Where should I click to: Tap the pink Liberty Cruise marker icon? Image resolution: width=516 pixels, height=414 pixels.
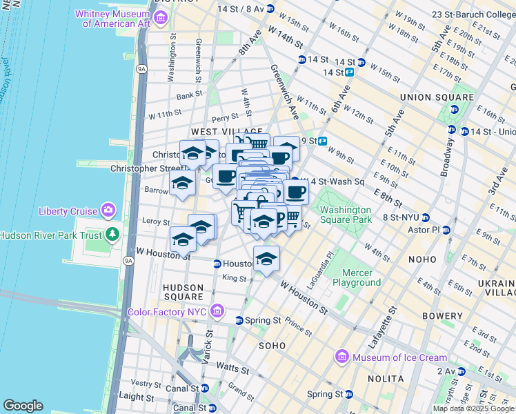pyautogui.click(x=108, y=209)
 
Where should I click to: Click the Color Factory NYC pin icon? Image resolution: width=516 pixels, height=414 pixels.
pyautogui.click(x=218, y=311)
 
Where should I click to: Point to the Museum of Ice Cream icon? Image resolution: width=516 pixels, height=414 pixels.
pyautogui.click(x=341, y=357)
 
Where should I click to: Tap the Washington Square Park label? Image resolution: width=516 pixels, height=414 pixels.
pyautogui.click(x=345, y=215)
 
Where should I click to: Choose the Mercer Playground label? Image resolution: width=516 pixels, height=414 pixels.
pyautogui.click(x=357, y=277)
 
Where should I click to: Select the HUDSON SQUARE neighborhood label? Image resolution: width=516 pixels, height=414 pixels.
pyautogui.click(x=183, y=293)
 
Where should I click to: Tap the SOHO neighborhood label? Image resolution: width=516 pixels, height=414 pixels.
pyautogui.click(x=272, y=344)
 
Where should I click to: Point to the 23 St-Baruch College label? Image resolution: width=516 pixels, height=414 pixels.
pyautogui.click(x=473, y=14)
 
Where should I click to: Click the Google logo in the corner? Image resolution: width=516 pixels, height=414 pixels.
pyautogui.click(x=23, y=405)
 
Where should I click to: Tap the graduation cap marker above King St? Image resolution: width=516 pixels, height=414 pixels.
pyautogui.click(x=266, y=259)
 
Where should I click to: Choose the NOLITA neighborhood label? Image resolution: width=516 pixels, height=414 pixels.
pyautogui.click(x=386, y=379)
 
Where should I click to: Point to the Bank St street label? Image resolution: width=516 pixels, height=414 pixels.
pyautogui.click(x=188, y=97)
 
